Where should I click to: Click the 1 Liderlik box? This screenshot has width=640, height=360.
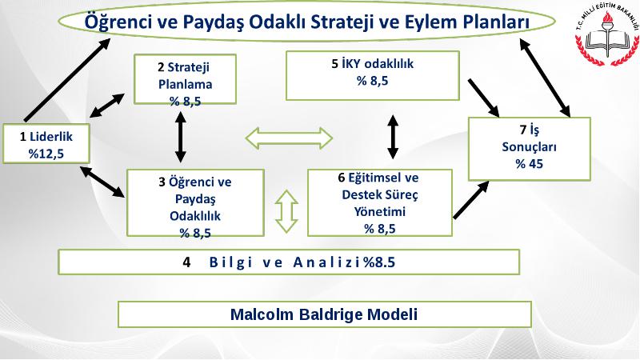point(46,144)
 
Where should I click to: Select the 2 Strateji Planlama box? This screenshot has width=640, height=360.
point(185,79)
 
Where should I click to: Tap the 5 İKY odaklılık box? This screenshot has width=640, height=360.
point(373,75)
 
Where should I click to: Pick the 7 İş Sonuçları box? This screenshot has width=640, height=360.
point(529,149)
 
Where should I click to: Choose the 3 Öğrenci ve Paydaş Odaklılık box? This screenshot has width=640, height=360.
point(195,203)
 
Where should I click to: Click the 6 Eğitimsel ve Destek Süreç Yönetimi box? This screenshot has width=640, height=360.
point(379,203)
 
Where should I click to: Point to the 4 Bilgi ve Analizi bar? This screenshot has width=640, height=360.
point(289,262)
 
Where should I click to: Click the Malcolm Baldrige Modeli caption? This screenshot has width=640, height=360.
point(325,314)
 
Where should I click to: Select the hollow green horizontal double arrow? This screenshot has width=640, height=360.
point(289,138)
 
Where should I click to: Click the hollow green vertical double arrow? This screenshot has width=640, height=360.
point(286,211)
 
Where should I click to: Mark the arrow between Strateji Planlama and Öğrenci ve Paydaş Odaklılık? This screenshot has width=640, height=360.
point(181,137)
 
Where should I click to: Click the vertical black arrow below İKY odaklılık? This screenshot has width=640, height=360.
point(393,137)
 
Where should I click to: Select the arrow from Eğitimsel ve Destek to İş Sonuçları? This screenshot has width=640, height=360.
point(471,200)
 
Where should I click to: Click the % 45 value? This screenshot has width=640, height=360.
point(529,164)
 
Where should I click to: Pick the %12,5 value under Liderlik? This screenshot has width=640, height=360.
point(46,154)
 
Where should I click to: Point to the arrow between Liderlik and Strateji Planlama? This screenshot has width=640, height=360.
point(107,106)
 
